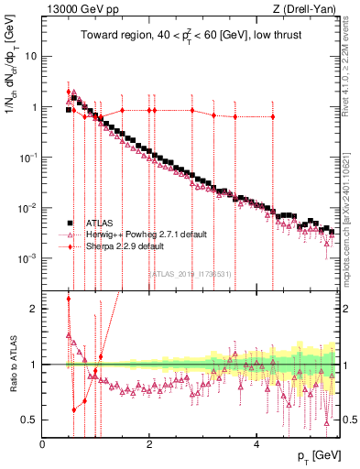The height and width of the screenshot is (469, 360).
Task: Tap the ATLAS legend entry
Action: [104, 223]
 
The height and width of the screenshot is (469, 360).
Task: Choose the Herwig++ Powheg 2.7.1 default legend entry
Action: [143, 234]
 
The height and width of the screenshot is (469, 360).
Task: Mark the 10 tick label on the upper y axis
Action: [30, 56]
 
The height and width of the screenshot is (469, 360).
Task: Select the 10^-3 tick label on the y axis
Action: [27, 258]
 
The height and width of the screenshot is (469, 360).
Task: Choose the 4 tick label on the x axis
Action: [256, 443]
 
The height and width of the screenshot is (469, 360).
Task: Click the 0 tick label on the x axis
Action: [42, 443]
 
